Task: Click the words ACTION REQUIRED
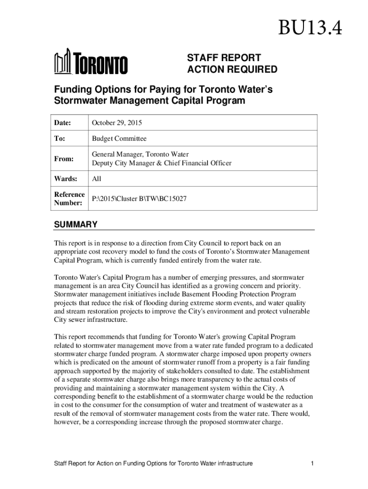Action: pyautogui.click(x=231, y=70)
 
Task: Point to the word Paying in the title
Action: pyautogui.click(x=165, y=89)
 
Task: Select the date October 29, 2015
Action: pyautogui.click(x=117, y=123)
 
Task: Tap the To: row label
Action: pyautogui.click(x=60, y=138)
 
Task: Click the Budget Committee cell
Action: pyautogui.click(x=119, y=138)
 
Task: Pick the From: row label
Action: pyautogui.click(x=64, y=159)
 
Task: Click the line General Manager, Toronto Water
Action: pyautogui.click(x=140, y=154)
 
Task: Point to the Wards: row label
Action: pyautogui.click(x=65, y=179)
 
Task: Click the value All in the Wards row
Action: pyautogui.click(x=97, y=179)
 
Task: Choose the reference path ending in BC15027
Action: pyautogui.click(x=139, y=199)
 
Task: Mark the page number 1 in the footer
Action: pyautogui.click(x=312, y=463)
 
